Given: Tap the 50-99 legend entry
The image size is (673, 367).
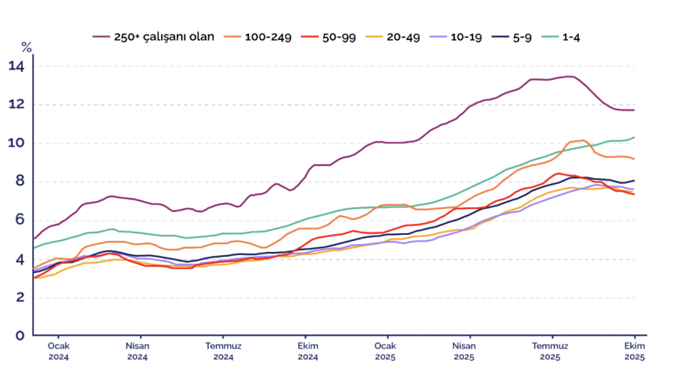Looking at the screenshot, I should pos(345,36).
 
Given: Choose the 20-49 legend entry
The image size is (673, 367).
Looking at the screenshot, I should pos(416,36).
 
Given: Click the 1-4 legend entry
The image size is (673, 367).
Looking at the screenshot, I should pos(593,36).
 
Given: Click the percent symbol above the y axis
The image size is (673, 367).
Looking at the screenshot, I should pos(26,47).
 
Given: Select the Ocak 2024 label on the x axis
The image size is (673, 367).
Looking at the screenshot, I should pos(59,350).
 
